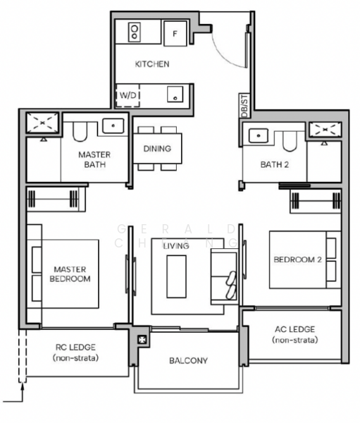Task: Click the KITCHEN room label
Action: (152, 64)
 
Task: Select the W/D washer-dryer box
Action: (128, 95)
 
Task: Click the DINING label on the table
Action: (157, 149)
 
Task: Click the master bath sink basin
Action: (113, 126)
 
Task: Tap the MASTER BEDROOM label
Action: (70, 274)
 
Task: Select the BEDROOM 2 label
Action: (297, 259)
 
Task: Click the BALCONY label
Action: (188, 361)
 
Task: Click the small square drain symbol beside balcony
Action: (144, 340)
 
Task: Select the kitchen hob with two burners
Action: (135, 32)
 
